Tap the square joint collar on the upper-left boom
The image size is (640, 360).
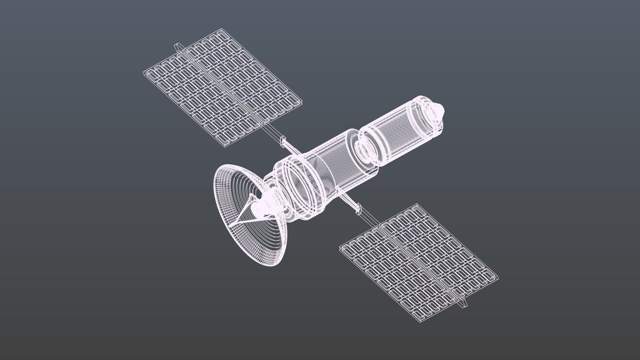click(284, 141)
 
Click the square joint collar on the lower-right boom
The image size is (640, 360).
click(358, 209)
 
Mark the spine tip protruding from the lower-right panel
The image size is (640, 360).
click(464, 304)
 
